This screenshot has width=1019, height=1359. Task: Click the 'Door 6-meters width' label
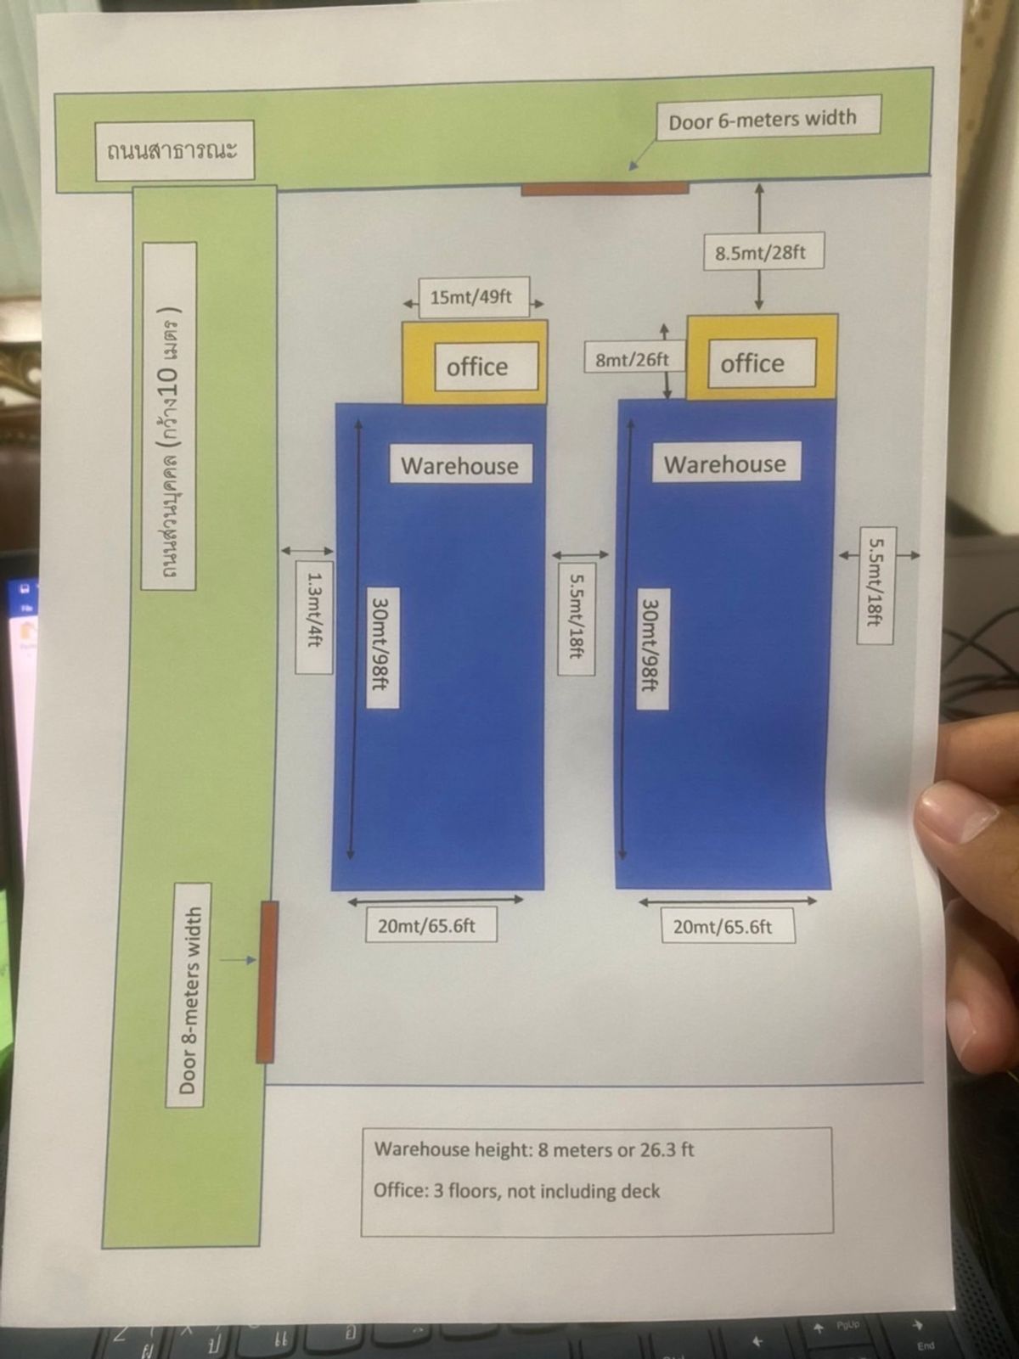tap(763, 120)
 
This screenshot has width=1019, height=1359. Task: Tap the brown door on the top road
tap(605, 188)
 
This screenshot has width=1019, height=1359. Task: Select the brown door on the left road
tap(267, 981)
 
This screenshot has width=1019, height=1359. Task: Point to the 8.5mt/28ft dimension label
tap(760, 252)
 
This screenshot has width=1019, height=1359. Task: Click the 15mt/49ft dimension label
tap(471, 297)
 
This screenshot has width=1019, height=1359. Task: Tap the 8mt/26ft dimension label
tap(632, 359)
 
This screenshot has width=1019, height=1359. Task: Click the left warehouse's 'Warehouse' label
tap(459, 465)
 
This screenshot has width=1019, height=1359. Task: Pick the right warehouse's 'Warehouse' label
tap(725, 463)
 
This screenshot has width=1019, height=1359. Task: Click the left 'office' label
tap(477, 367)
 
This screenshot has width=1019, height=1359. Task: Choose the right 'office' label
tap(752, 363)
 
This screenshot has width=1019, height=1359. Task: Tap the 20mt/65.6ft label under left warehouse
tap(426, 925)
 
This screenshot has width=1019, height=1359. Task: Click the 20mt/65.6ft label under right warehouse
tap(723, 926)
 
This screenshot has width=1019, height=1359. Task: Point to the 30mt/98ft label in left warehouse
tap(380, 643)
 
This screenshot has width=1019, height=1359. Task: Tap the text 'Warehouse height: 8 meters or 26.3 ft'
tap(534, 1150)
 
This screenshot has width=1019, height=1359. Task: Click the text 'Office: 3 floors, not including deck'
tap(516, 1191)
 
